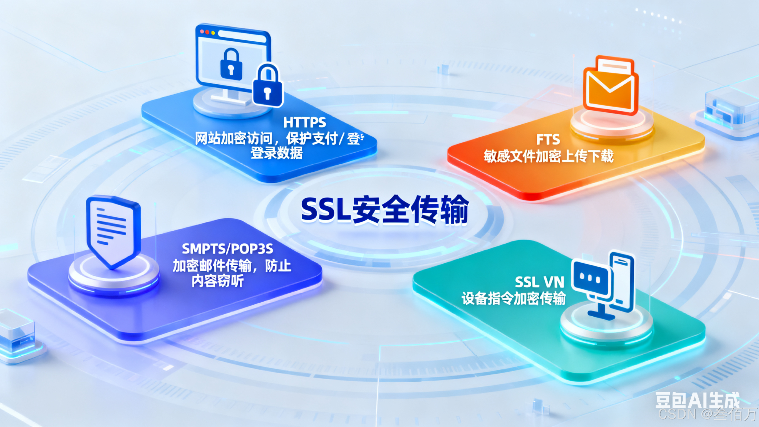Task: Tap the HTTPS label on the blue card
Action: tap(305, 123)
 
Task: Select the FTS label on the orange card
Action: tap(548, 140)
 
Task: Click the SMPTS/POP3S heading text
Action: tap(227, 249)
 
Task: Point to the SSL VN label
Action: tap(539, 282)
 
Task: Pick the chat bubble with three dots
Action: tap(590, 279)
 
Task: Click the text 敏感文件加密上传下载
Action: tap(548, 156)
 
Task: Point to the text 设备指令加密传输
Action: tap(513, 299)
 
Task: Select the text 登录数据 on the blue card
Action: tap(276, 153)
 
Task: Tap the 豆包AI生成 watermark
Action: tap(697, 401)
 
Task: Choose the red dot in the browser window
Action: tap(202, 31)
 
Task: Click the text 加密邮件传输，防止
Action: tap(232, 266)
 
